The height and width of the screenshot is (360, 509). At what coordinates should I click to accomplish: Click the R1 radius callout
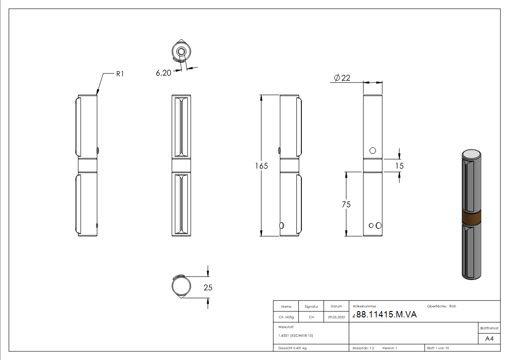pyautogui.click(x=120, y=73)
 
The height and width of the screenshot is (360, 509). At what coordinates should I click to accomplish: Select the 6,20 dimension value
pyautogui.click(x=163, y=73)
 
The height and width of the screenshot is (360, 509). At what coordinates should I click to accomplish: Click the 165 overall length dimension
pyautogui.click(x=261, y=166)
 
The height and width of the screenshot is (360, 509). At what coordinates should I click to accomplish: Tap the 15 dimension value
pyautogui.click(x=399, y=166)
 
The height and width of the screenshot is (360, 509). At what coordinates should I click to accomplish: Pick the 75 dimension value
pyautogui.click(x=346, y=204)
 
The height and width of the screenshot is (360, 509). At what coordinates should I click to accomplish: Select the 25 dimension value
pyautogui.click(x=208, y=287)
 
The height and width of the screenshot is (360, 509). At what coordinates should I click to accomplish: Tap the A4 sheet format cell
pyautogui.click(x=490, y=339)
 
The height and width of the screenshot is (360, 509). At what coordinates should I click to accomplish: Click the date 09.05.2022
pyautogui.click(x=336, y=317)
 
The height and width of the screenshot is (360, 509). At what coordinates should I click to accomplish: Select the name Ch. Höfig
pyautogui.click(x=286, y=317)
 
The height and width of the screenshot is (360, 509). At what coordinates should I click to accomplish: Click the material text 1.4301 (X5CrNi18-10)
pyautogui.click(x=296, y=336)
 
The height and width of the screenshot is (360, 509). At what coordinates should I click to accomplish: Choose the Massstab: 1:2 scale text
pyautogui.click(x=364, y=348)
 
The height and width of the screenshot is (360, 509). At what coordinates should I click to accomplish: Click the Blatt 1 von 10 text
pyautogui.click(x=438, y=348)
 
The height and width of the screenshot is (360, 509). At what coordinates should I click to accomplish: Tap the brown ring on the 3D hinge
pyautogui.click(x=471, y=218)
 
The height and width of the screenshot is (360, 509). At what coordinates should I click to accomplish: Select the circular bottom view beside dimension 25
pyautogui.click(x=181, y=287)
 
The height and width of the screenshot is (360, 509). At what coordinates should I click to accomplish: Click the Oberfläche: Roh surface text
pyautogui.click(x=441, y=306)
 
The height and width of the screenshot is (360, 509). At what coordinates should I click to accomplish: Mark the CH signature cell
pyautogui.click(x=311, y=317)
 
